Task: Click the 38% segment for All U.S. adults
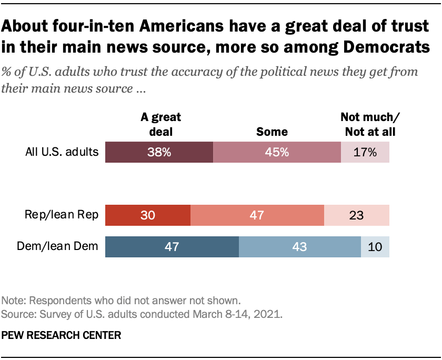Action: pos(159,152)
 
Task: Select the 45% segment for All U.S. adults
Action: pos(277,152)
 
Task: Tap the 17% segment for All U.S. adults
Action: pos(365,152)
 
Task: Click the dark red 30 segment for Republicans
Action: pos(148,215)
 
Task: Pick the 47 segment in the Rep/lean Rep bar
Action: pos(257,215)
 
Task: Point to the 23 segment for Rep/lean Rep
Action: pos(357,215)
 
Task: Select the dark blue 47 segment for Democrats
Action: pos(172,246)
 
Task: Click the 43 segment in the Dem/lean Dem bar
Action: pos(299,246)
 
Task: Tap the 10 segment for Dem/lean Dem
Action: pos(375,246)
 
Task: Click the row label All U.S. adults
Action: pos(62,152)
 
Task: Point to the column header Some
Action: pos(272,131)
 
